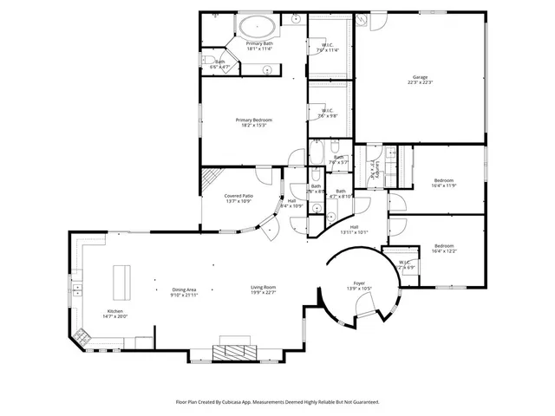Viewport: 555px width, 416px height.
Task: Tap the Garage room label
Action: pyautogui.click(x=420, y=80)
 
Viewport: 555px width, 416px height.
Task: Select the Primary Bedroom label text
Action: pyautogui.click(x=253, y=122)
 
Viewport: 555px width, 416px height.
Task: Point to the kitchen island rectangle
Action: pyautogui.click(x=120, y=280)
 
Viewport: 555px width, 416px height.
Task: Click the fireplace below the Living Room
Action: pyautogui.click(x=233, y=350)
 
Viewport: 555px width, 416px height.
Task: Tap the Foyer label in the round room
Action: pyautogui.click(x=358, y=285)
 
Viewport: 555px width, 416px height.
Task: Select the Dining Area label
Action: pyautogui.click(x=184, y=291)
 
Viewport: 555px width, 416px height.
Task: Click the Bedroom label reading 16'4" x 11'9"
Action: pyautogui.click(x=443, y=184)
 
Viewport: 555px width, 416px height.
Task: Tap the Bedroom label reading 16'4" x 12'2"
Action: pyautogui.click(x=443, y=248)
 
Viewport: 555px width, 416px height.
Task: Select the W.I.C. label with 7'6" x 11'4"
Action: pyautogui.click(x=328, y=48)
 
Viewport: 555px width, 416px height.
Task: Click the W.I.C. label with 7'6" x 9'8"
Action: pyautogui.click(x=328, y=113)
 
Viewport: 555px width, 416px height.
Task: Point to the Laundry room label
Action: pyautogui.click(x=373, y=166)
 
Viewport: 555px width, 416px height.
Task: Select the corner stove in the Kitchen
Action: pyautogui.click(x=84, y=338)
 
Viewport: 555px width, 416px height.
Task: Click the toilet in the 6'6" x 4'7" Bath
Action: pyautogui.click(x=210, y=59)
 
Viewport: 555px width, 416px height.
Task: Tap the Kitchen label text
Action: pyautogui.click(x=115, y=314)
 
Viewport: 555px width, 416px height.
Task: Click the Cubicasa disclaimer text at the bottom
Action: pyautogui.click(x=277, y=402)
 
